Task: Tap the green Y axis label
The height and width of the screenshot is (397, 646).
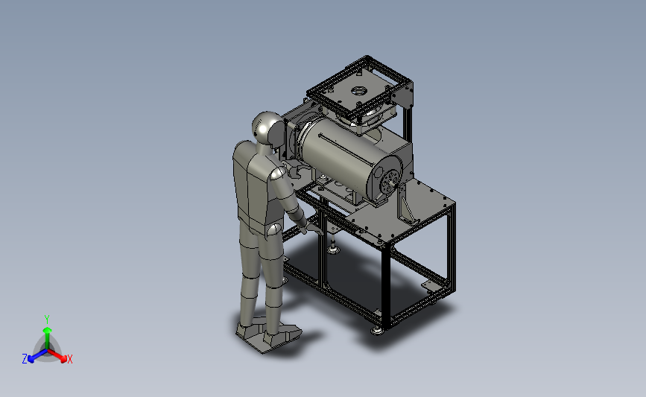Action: (47, 320)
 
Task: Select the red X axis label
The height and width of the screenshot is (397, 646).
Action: (69, 359)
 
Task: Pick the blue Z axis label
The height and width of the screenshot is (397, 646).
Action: (25, 359)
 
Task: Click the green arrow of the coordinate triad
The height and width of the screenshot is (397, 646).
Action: (47, 337)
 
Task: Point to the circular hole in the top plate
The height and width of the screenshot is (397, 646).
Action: (359, 90)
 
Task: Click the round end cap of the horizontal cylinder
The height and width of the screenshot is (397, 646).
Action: (386, 177)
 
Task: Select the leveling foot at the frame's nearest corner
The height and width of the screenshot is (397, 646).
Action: (376, 330)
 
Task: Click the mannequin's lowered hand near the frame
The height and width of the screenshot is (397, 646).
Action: (314, 229)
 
